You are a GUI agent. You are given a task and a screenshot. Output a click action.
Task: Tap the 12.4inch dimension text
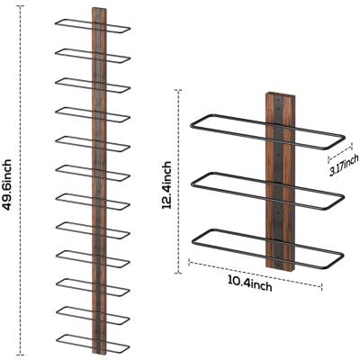coord(166,184)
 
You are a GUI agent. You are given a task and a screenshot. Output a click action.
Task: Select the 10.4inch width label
coord(250,284)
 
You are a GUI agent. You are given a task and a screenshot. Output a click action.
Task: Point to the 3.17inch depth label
coord(344,165)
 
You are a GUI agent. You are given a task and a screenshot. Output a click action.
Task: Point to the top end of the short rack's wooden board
coord(280,94)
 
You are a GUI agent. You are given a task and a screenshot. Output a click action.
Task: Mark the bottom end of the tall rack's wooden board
coord(99,354)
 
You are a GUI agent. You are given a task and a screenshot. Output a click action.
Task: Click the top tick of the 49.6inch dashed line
coord(20,5)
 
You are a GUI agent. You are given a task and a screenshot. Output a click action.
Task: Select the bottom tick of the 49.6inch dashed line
coord(20,355)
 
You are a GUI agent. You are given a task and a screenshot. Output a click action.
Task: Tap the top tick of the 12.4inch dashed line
coord(178,90)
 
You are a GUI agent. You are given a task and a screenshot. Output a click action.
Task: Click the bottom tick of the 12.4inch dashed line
coord(178,273)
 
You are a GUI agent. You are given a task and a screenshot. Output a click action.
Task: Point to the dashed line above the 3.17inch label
coord(340,152)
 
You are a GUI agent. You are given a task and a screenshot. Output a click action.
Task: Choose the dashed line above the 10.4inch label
coord(255,274)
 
